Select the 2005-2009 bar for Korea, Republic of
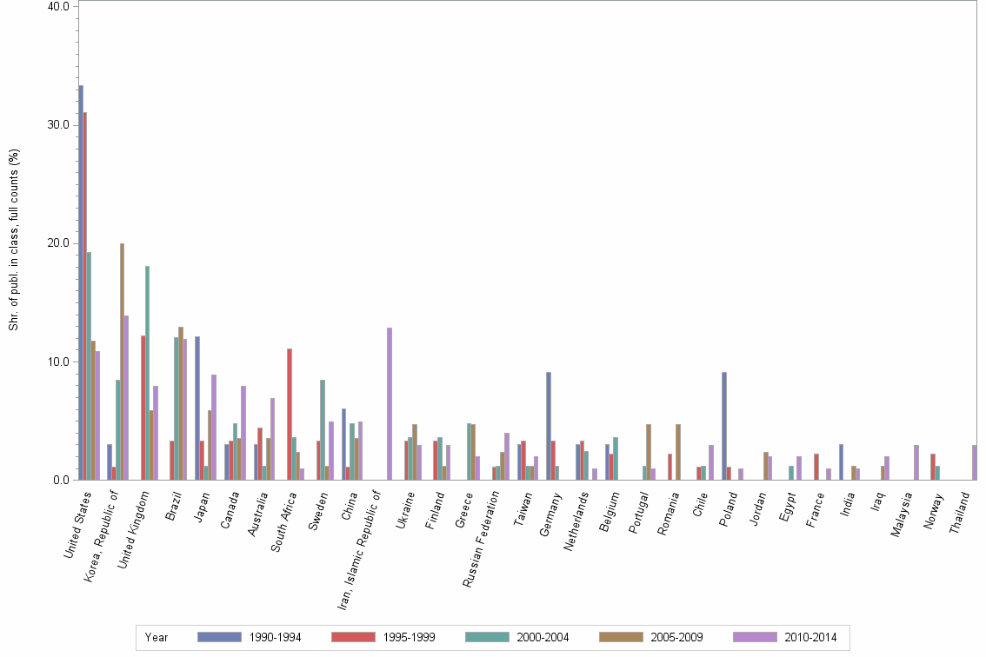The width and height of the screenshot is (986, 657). pyautogui.click(x=122, y=362)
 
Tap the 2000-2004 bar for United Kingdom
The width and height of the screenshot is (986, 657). pyautogui.click(x=147, y=373)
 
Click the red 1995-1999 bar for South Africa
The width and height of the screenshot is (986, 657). pyautogui.click(x=290, y=414)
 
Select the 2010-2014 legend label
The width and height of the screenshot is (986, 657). pyautogui.click(x=809, y=638)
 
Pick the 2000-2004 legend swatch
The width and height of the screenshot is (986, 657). pyautogui.click(x=488, y=638)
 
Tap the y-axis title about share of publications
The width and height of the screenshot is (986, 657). pyautogui.click(x=14, y=240)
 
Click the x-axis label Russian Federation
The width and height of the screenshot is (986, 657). pyautogui.click(x=483, y=538)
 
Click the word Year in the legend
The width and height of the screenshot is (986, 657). pyautogui.click(x=157, y=638)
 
